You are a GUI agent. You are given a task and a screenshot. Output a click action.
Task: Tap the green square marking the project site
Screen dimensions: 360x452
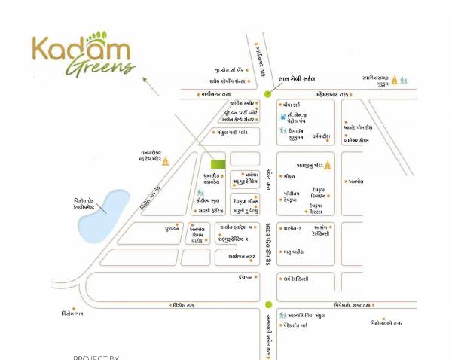tap(217, 163)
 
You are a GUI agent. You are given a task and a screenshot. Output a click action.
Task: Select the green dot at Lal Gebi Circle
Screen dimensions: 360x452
tap(268, 94)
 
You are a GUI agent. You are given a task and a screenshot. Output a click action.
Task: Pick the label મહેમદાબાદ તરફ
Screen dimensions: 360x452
tap(323, 94)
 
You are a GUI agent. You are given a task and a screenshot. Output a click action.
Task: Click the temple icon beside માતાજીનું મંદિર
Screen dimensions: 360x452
tap(327, 164)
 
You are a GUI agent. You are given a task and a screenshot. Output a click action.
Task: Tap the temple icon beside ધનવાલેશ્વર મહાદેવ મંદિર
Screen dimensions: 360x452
tap(166, 160)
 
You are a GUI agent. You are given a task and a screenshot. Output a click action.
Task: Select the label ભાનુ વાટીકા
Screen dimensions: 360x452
tap(294, 252)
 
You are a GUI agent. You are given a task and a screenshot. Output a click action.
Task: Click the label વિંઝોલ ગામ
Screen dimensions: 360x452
tap(73, 313)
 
